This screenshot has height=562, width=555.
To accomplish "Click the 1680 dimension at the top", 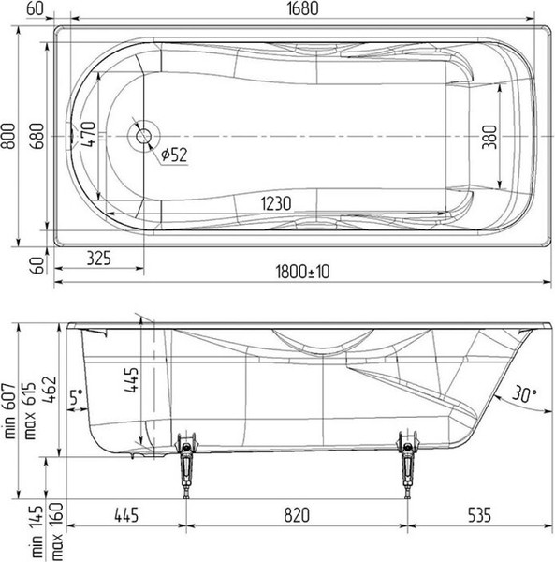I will coord(298,9).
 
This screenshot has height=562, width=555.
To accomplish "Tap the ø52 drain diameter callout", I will coord(174,155).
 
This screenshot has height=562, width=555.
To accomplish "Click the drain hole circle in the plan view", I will coord(143,136).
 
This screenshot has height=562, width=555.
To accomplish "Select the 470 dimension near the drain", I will coord(88,136).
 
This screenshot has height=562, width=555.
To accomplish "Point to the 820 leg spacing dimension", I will coord(296,513).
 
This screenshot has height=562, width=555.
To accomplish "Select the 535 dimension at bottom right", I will coord(479,513).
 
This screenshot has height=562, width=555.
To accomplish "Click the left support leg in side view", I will coord(185,463).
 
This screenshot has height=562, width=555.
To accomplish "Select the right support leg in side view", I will coord(406,463).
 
